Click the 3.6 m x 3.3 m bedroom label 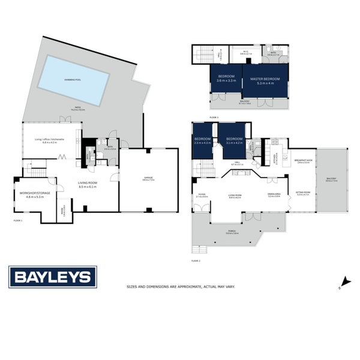(226, 79)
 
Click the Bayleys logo (52, 277)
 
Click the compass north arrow (344, 281)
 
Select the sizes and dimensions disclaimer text (180, 287)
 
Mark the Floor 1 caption (17, 221)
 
